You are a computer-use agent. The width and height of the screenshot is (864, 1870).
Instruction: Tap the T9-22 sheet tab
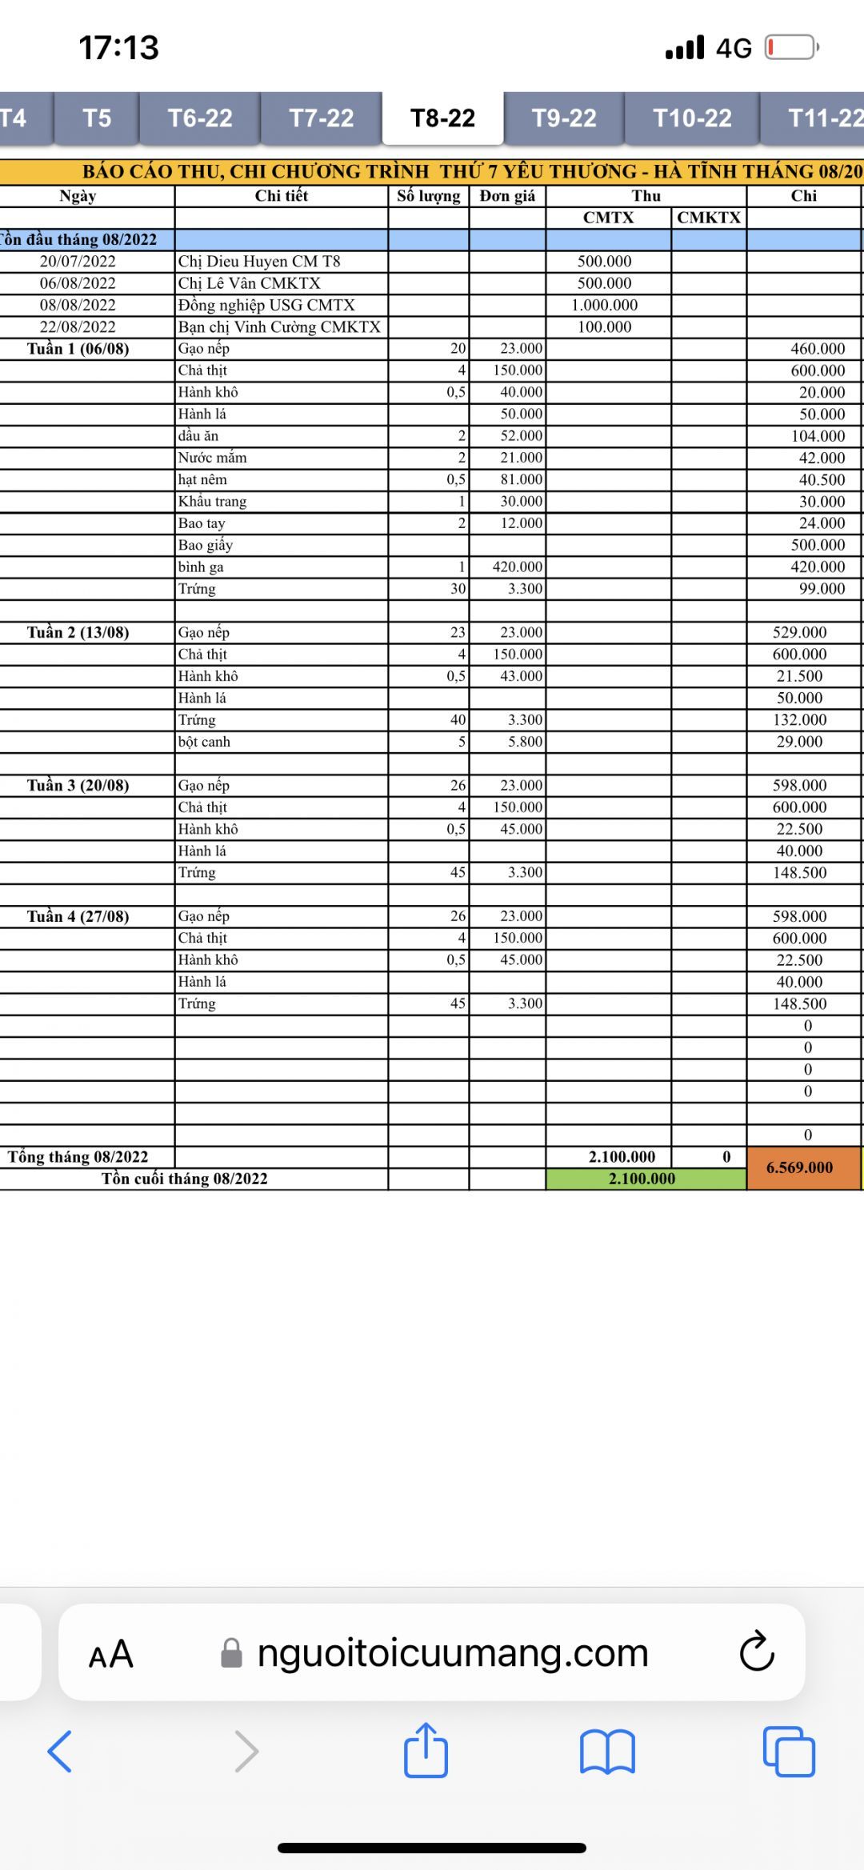[x=564, y=118]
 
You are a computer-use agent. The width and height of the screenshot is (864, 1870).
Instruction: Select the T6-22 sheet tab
[x=200, y=118]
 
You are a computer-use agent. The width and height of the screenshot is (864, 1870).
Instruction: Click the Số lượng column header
[x=429, y=196]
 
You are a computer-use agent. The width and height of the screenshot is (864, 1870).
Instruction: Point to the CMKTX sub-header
[x=709, y=218]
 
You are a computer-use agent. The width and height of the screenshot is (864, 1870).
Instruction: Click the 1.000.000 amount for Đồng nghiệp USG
[x=605, y=305]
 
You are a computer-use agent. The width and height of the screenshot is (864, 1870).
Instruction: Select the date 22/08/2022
[x=78, y=326]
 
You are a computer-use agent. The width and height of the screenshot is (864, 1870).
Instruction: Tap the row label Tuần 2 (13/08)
[x=78, y=632]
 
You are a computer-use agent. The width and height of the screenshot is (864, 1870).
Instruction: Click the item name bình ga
[x=201, y=567]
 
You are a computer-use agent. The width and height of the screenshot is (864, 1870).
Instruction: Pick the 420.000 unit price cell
[x=517, y=567]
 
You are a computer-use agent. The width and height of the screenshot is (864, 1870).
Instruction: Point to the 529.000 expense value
[x=799, y=632]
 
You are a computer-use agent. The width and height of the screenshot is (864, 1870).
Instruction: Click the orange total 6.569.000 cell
[x=800, y=1167]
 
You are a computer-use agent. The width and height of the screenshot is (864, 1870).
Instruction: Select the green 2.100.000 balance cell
[x=642, y=1179]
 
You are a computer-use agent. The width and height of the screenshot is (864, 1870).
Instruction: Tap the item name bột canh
[x=204, y=742]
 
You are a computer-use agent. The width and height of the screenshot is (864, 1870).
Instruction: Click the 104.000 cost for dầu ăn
[x=818, y=436]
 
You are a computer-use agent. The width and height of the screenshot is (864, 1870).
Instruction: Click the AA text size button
[x=110, y=1653]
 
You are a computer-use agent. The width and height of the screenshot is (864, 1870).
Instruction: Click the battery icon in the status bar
[x=791, y=47]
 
